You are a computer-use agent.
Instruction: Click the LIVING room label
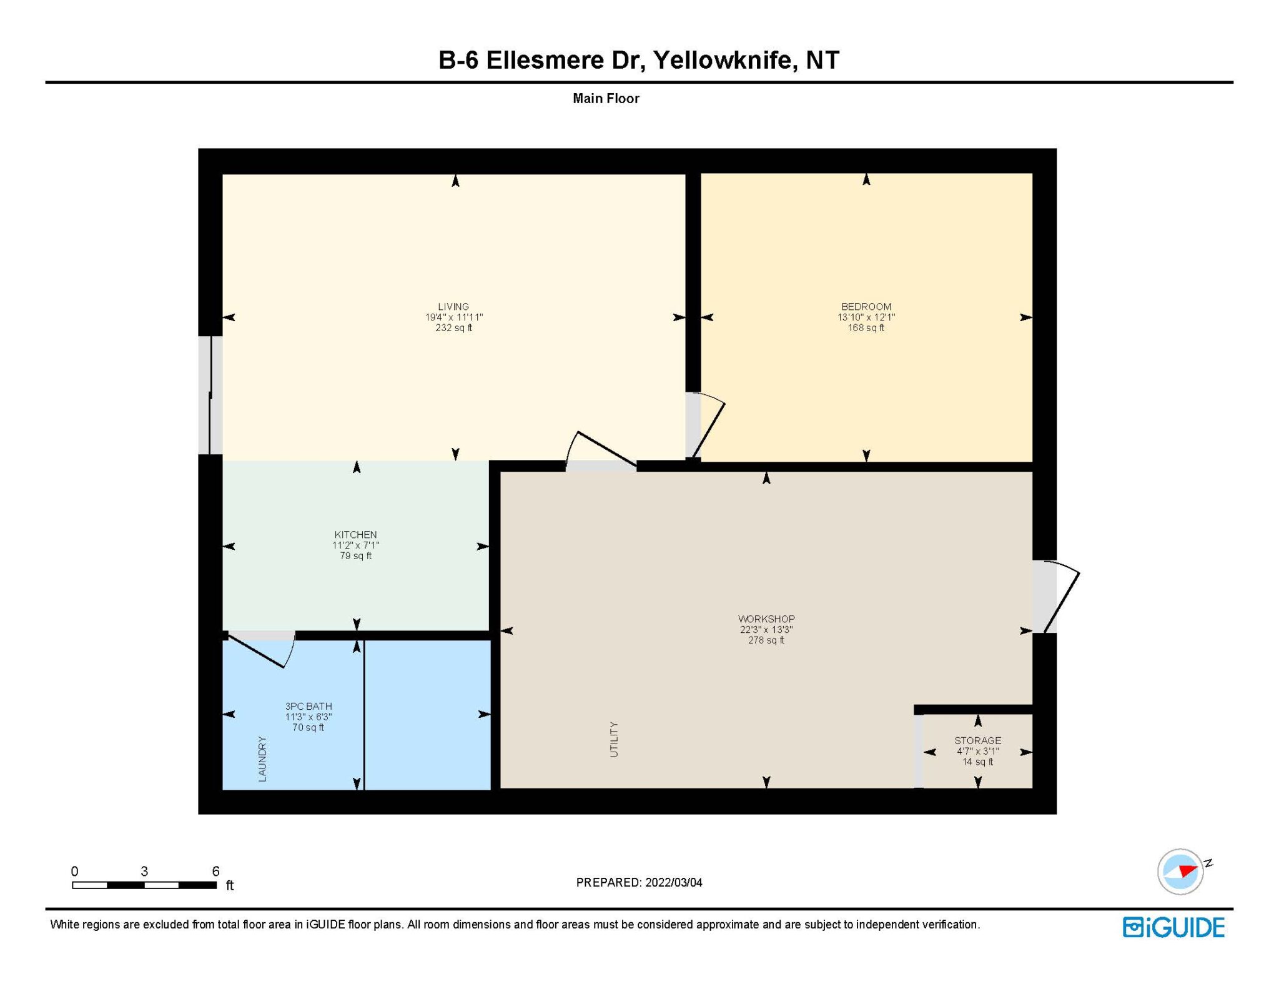click(453, 307)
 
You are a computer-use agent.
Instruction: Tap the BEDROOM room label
click(866, 307)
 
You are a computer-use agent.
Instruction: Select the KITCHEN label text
click(355, 535)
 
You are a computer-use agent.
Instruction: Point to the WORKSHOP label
click(766, 619)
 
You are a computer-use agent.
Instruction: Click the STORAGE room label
click(977, 740)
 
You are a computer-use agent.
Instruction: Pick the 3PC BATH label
click(309, 706)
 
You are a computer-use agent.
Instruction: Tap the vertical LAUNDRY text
click(262, 758)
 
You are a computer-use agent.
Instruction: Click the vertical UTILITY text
click(614, 740)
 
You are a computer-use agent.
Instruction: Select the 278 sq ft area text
click(766, 640)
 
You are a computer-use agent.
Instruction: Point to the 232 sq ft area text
click(454, 328)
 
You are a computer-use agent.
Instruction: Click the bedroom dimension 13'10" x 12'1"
click(866, 317)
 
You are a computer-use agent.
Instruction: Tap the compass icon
click(1181, 872)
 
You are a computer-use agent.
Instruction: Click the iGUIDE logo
click(1173, 927)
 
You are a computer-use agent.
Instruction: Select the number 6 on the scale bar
click(215, 871)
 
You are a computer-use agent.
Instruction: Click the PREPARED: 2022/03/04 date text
click(639, 883)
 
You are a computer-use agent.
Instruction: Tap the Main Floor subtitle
click(606, 99)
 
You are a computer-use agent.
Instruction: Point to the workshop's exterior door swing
click(1062, 597)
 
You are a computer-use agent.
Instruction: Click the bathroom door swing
click(262, 650)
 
